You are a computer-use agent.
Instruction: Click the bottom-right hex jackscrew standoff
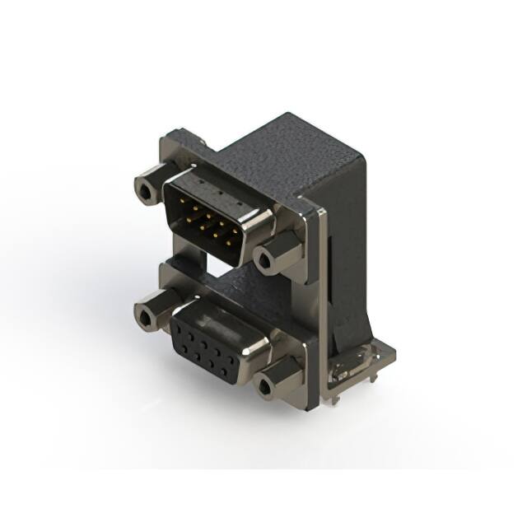click(x=276, y=380)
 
